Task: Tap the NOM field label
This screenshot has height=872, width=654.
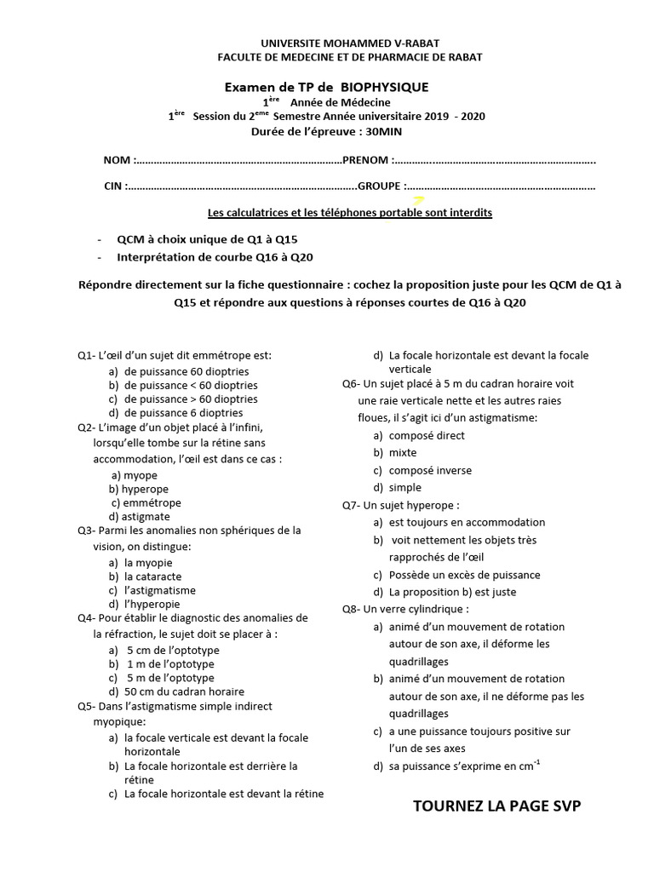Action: [x=118, y=160]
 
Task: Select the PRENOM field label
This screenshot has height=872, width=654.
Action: [x=364, y=160]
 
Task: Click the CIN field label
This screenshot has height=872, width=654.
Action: [x=112, y=186]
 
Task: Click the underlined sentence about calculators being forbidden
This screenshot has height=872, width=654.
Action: [x=350, y=213]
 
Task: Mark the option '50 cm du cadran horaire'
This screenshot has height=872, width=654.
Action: [x=183, y=691]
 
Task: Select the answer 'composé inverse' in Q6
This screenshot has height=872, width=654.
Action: [x=429, y=470]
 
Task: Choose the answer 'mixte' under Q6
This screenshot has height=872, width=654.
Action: [x=404, y=453]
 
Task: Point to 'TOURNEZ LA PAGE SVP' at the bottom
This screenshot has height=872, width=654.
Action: [x=496, y=806]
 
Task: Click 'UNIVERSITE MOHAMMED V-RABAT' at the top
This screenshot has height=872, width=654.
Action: [x=350, y=43]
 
